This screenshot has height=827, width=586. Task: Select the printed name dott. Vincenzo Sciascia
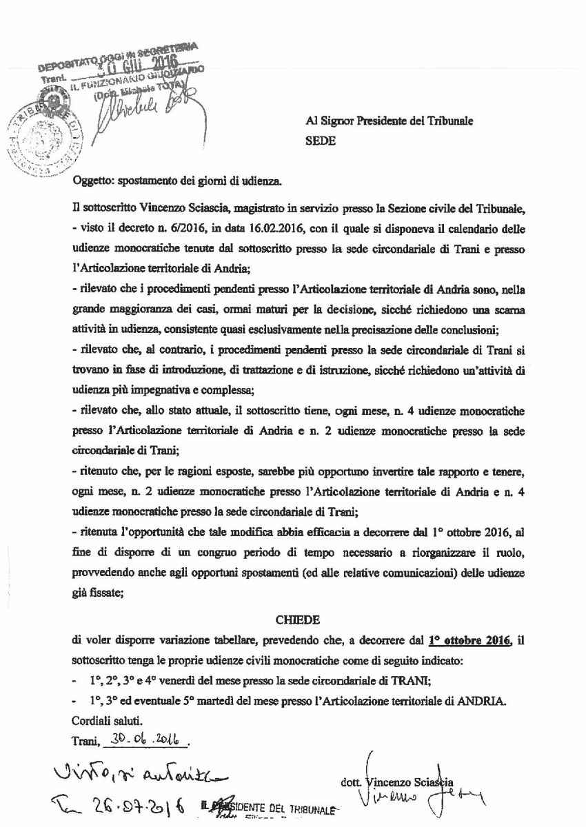pos(396,782)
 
